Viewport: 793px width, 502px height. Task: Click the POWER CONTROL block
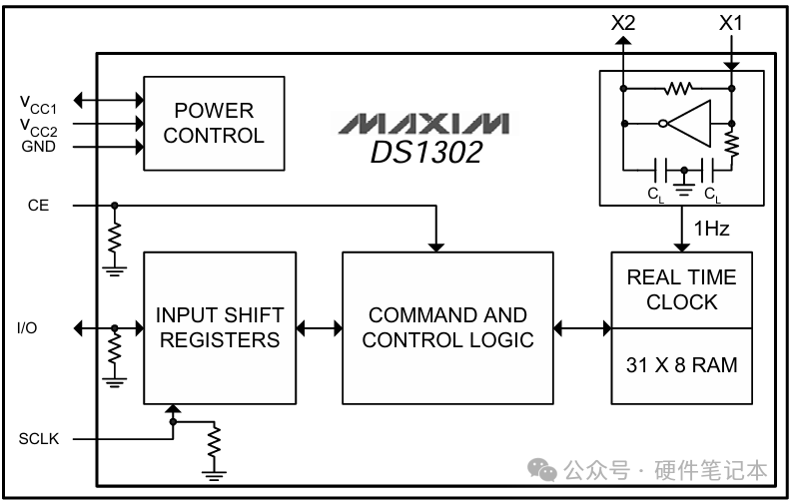214,123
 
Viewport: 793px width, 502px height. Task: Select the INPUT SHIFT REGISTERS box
220,327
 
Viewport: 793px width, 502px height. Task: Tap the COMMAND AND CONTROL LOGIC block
447,327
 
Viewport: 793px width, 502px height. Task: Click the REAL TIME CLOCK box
681,289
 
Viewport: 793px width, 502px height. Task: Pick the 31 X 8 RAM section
681,365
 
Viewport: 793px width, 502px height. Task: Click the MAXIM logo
422,124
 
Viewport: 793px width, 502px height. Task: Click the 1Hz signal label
711,229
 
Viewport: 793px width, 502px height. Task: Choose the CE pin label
38,206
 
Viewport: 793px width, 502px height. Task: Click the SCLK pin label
39,438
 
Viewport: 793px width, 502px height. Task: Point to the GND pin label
38,147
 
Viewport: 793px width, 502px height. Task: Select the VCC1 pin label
38,102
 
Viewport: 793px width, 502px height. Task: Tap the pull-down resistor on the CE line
115,237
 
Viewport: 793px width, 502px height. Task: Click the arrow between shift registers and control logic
320,327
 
